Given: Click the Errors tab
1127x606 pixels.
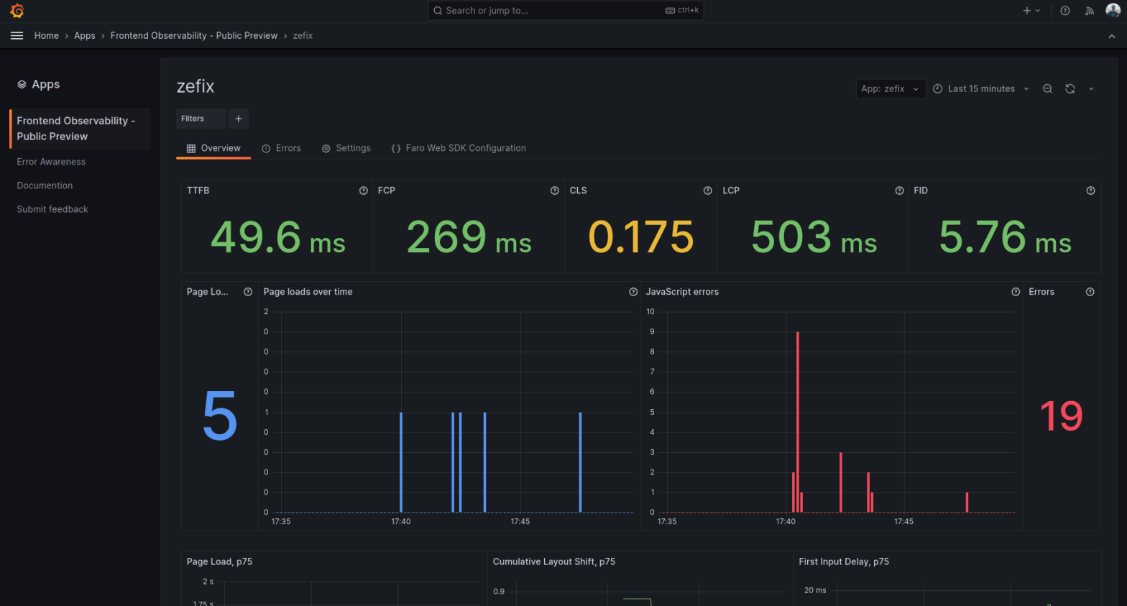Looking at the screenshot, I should tap(281, 148).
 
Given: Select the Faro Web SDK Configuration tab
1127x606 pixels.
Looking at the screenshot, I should tap(459, 148).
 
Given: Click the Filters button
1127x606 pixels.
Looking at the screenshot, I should tap(193, 119).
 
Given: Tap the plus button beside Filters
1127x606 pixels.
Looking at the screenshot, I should tap(239, 119).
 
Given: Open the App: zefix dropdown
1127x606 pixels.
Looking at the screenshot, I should tap(890, 88).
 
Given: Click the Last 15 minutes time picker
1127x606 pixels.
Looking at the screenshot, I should tap(980, 88).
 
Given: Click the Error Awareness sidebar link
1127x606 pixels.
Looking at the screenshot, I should tap(51, 162).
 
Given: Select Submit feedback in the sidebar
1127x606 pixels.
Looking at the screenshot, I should tap(52, 209).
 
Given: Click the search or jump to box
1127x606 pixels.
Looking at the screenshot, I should tap(565, 11).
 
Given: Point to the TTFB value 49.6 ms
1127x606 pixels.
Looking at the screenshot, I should tap(277, 237).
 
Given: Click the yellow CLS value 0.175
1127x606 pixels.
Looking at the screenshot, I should tap(640, 237).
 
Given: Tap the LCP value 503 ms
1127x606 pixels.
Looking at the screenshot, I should tap(814, 237).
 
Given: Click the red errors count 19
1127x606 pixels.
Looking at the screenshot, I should tap(1061, 416).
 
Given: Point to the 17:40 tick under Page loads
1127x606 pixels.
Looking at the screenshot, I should tap(401, 521).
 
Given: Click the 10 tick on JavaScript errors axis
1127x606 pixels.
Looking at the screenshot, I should tap(650, 311).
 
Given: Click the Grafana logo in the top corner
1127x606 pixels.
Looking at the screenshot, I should tap(17, 11).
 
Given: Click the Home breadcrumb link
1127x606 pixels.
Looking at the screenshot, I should tap(47, 35).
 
